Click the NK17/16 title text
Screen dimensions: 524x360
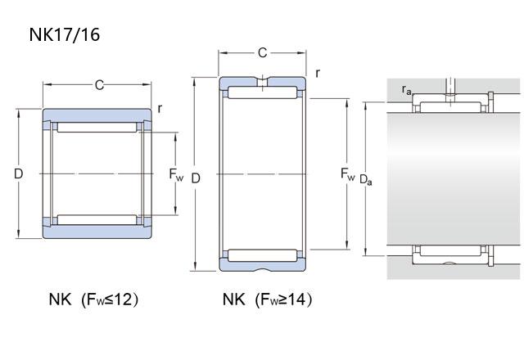point(65,34)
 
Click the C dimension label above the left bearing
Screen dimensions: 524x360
point(99,85)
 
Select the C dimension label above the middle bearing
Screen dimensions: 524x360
point(263,52)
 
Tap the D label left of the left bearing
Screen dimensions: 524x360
point(19,173)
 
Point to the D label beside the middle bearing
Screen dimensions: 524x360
point(196,178)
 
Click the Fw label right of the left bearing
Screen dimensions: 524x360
point(176,174)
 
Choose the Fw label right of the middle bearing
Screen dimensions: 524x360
point(347,174)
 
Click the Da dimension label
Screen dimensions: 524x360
point(366,180)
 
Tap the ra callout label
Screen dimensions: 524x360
point(406,89)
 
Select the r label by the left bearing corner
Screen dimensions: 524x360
point(160,109)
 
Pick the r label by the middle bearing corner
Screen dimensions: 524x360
point(318,73)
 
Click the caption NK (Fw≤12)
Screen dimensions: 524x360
point(93,299)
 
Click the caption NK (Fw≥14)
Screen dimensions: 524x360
point(268,299)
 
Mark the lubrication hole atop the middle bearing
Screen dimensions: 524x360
point(263,82)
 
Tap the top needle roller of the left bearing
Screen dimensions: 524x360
point(97,128)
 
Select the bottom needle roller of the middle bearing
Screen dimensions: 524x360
point(262,255)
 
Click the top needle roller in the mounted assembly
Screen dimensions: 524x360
point(450,107)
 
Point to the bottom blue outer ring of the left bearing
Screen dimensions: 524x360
point(97,231)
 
